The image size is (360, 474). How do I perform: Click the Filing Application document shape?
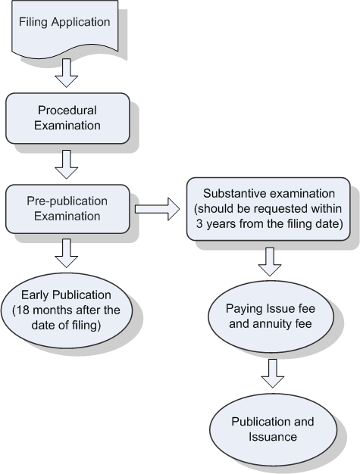(x=64, y=29)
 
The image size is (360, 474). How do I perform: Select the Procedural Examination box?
(x=67, y=118)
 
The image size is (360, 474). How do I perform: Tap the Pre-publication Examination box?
(x=67, y=209)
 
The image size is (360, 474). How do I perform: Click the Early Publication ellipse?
(x=67, y=310)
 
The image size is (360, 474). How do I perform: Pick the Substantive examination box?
(x=268, y=209)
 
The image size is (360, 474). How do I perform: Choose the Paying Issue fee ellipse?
(x=271, y=317)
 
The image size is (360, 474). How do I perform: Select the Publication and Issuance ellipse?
(x=273, y=429)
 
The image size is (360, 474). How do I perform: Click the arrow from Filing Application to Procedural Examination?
(x=66, y=73)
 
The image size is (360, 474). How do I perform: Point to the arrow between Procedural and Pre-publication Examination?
(x=66, y=164)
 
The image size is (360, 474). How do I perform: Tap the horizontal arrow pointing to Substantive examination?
(x=158, y=209)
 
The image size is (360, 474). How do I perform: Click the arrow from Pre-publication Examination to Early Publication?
(x=66, y=254)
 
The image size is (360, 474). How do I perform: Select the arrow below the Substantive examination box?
(x=270, y=262)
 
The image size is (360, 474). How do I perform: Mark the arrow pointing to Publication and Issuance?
(x=273, y=373)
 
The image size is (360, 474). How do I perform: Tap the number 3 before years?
(x=199, y=224)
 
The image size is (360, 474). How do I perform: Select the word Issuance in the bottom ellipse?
(x=273, y=437)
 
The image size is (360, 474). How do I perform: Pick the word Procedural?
(x=67, y=111)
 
